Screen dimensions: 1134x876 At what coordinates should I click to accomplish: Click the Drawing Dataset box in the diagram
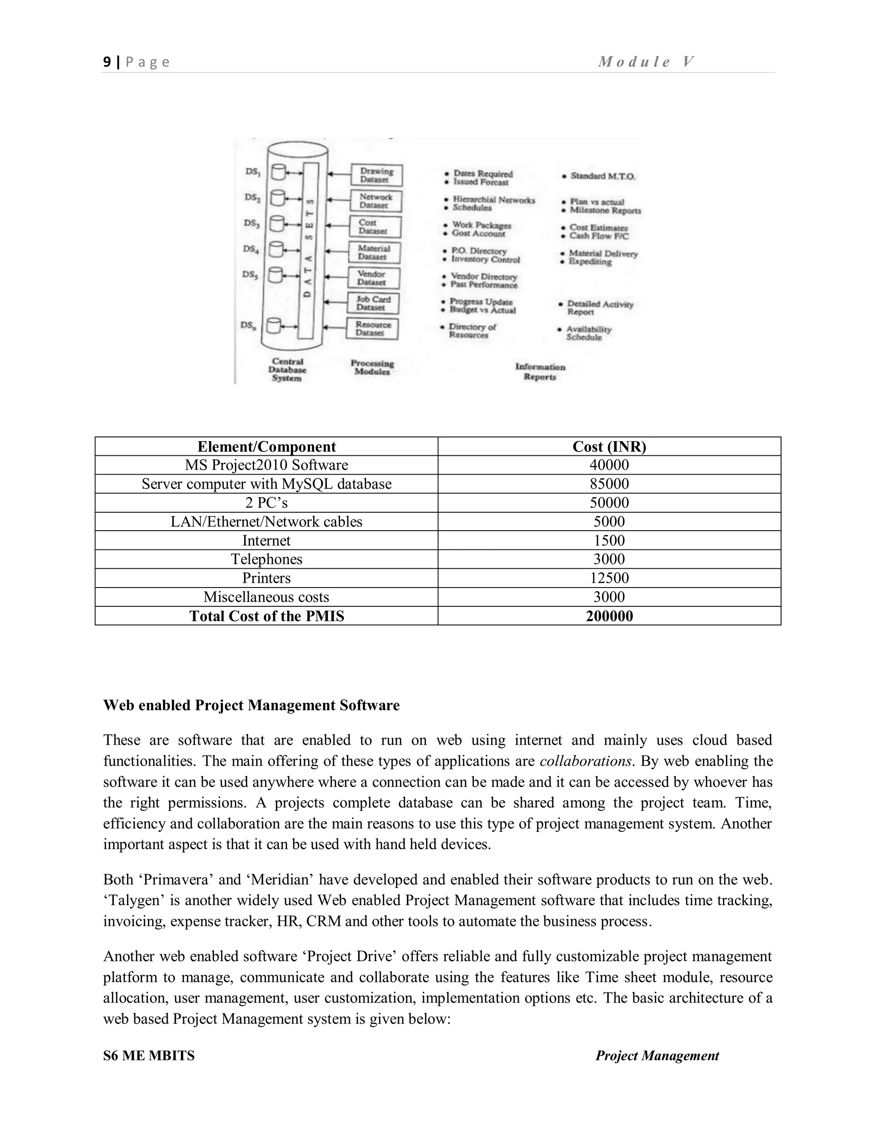(x=377, y=175)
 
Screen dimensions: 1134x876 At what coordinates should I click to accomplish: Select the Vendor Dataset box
(x=373, y=278)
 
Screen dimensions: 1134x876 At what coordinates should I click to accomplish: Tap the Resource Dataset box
(x=373, y=329)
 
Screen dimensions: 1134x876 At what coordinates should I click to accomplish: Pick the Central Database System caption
(x=287, y=370)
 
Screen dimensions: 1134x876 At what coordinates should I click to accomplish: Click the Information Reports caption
(x=540, y=372)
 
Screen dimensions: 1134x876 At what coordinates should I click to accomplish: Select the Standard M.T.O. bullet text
(x=602, y=176)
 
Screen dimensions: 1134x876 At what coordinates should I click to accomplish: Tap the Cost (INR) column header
(x=609, y=446)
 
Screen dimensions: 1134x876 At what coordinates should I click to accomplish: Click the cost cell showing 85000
(x=609, y=484)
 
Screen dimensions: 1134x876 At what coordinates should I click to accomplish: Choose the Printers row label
(x=266, y=578)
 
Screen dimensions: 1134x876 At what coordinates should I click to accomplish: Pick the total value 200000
(x=609, y=616)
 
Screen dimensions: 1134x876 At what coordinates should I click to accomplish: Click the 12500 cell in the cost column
(x=609, y=578)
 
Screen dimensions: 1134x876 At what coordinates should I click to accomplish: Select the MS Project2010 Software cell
(x=266, y=465)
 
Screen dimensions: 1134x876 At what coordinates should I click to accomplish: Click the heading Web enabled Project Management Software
(x=251, y=705)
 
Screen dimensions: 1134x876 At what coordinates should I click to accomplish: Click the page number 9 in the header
(x=107, y=62)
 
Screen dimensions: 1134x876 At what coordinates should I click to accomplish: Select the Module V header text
(x=645, y=62)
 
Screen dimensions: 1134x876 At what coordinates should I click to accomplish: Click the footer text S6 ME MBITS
(x=149, y=1056)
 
